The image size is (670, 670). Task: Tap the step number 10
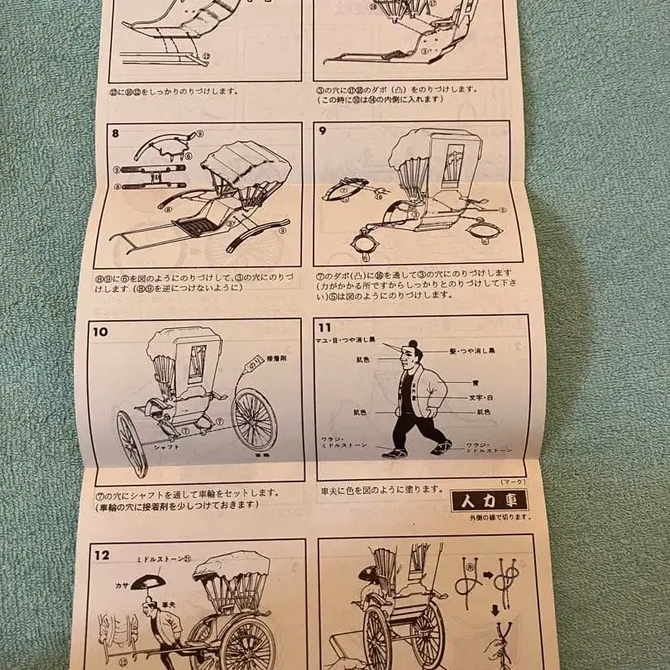coord(101,332)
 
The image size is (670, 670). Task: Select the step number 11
coord(326,328)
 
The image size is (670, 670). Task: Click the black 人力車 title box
coord(489,500)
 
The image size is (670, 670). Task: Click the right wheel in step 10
coord(254,419)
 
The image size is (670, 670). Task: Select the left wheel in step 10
coord(132,443)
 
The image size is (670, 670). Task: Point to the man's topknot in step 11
coord(413,344)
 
